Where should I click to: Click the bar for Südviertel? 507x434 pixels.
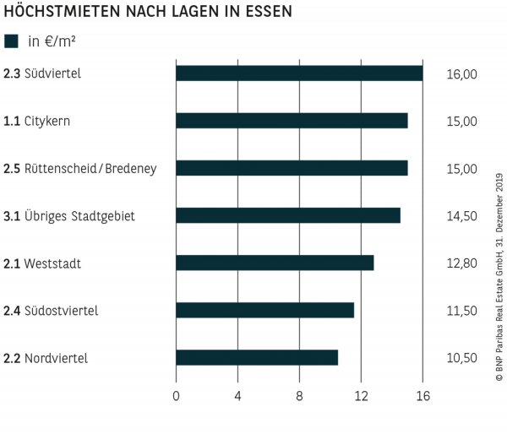(x=299, y=73)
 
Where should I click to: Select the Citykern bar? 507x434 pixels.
(x=292, y=121)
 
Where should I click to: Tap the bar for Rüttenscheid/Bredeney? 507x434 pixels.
(x=292, y=168)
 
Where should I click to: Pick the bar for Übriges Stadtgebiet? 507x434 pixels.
(x=288, y=215)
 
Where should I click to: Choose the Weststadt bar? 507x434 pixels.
(x=275, y=263)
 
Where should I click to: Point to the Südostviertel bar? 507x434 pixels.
(x=264, y=310)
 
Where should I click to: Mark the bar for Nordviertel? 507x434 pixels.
(x=257, y=357)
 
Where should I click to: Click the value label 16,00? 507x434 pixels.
(x=461, y=74)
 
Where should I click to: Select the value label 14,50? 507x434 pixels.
(x=461, y=216)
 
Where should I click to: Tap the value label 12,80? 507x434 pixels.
(x=461, y=263)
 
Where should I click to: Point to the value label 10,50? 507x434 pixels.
(x=461, y=358)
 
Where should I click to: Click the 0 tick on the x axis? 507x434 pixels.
(x=176, y=395)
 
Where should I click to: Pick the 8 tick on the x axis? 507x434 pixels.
(x=299, y=395)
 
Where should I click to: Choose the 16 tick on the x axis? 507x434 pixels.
(x=422, y=395)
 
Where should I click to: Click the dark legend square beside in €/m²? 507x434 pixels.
(x=12, y=41)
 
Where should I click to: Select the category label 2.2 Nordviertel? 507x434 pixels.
(x=46, y=358)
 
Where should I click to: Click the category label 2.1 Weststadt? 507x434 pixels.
(x=42, y=263)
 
